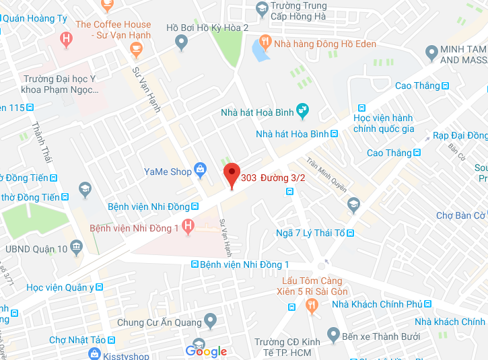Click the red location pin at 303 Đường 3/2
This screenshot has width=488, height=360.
[232, 174]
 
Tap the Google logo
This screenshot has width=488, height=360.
[206, 351]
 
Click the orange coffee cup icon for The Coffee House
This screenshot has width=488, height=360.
[137, 48]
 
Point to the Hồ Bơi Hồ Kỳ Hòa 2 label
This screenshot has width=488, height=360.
[207, 28]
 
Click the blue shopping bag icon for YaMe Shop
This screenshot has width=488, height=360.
[200, 171]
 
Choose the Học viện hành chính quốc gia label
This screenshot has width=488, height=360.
[384, 123]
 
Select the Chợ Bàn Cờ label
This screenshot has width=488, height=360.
[460, 215]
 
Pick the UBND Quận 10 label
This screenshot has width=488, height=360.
[36, 249]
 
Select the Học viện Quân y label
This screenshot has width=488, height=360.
[60, 287]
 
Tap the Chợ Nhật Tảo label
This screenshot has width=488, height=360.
[77, 340]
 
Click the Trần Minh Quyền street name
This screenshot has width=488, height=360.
[326, 174]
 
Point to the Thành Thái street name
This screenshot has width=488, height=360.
[42, 142]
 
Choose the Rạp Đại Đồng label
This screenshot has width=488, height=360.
[460, 135]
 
